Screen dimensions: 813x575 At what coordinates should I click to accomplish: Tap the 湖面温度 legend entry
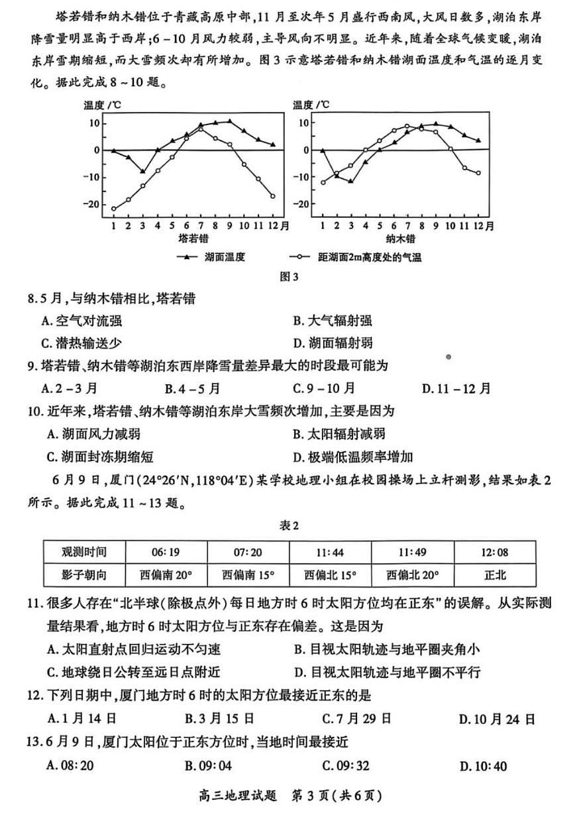tap(214, 257)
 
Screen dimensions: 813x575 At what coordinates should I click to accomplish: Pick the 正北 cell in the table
tap(494, 574)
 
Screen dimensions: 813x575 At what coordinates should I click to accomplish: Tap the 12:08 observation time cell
tap(494, 551)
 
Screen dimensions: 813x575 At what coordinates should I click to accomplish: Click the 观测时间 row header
tap(84, 551)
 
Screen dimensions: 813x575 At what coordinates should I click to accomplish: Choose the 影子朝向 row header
tap(84, 574)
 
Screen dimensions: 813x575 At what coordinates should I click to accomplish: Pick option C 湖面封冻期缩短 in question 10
tap(93, 457)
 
